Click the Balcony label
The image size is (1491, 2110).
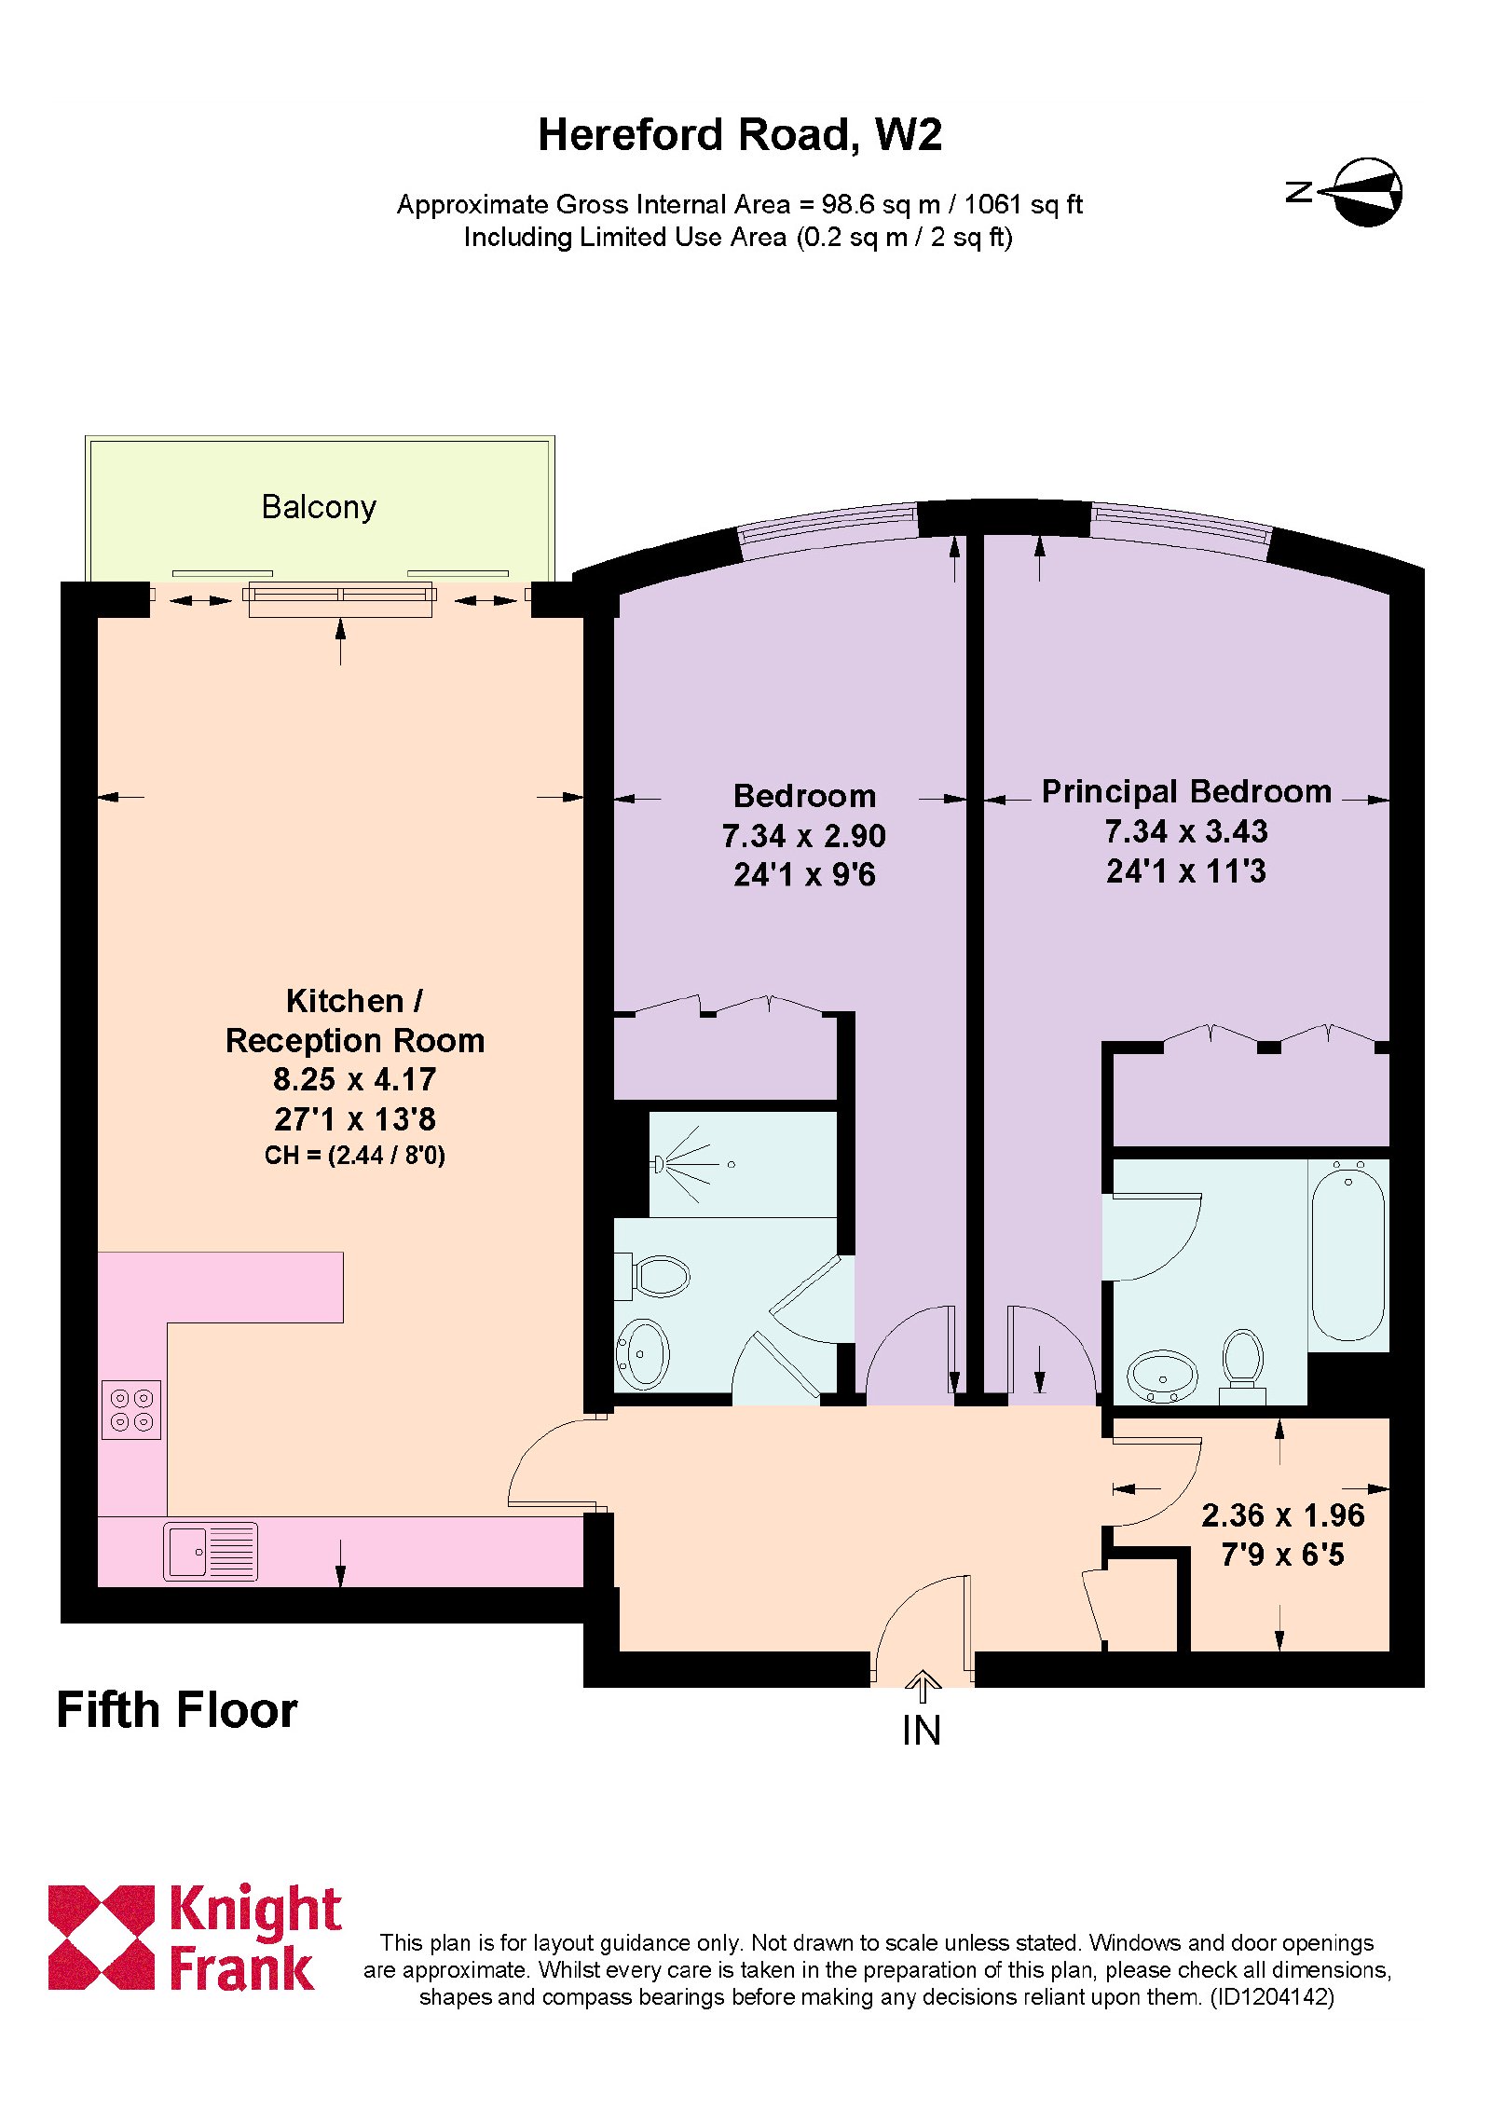click(x=319, y=507)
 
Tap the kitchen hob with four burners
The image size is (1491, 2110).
click(x=131, y=1409)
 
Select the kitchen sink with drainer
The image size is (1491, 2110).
click(x=211, y=1551)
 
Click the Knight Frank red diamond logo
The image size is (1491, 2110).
click(x=101, y=1938)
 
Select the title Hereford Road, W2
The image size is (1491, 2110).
click(x=740, y=135)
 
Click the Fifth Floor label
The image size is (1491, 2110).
click(x=177, y=1710)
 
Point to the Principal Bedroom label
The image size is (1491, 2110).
click(x=1186, y=792)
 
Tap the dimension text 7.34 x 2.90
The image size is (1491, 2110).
click(x=804, y=836)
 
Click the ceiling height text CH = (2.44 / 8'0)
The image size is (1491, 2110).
click(x=355, y=1156)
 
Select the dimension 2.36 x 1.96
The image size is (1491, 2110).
click(x=1283, y=1515)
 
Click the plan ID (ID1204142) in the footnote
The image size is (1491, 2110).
click(x=1272, y=1997)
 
